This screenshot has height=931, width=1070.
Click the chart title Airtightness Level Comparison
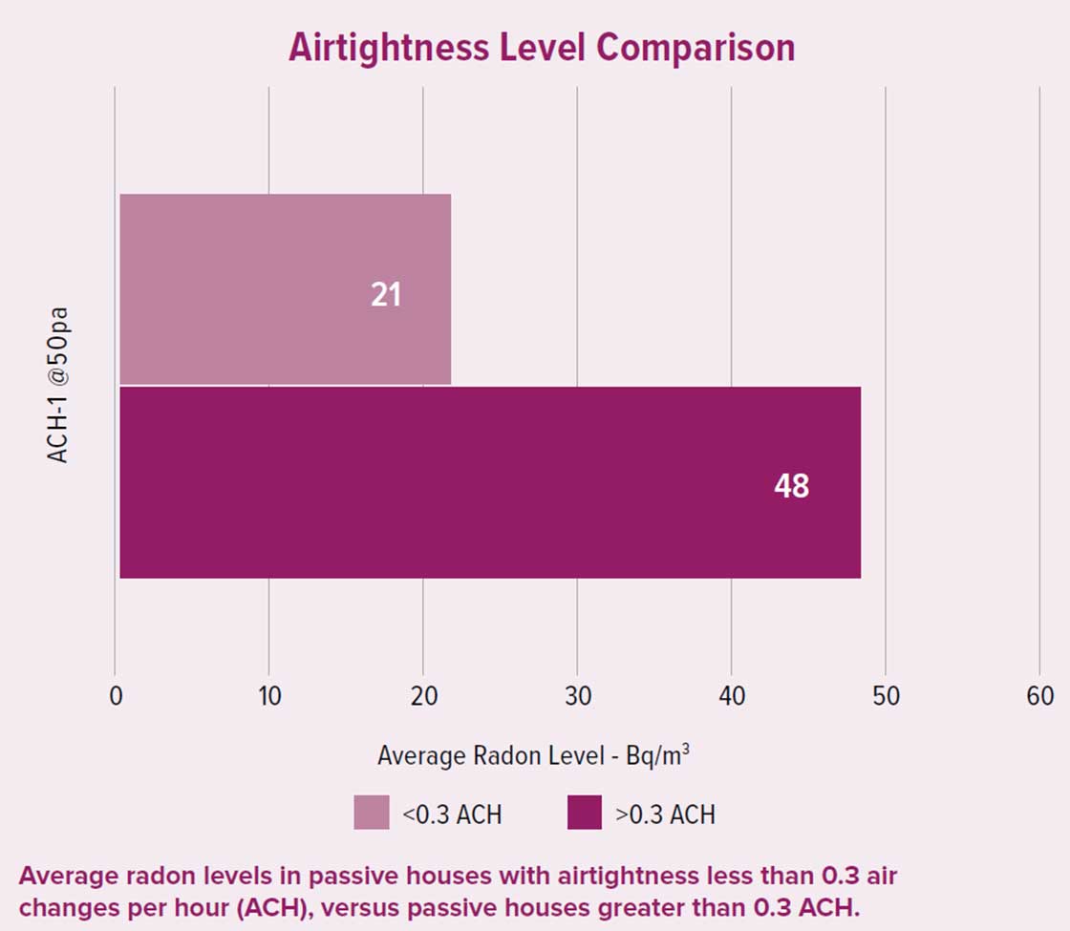click(x=542, y=47)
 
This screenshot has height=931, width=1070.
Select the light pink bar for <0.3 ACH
click(x=285, y=288)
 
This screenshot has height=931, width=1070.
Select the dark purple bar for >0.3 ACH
click(x=489, y=482)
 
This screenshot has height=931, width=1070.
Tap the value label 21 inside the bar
click(x=386, y=295)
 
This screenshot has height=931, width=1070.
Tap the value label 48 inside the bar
click(x=791, y=487)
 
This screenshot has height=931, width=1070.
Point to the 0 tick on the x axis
click(x=116, y=696)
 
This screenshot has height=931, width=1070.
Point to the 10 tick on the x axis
click(x=269, y=696)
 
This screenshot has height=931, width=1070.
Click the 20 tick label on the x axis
click(x=423, y=696)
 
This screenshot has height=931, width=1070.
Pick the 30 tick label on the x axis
click(x=577, y=696)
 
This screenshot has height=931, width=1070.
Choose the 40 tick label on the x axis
click(x=732, y=696)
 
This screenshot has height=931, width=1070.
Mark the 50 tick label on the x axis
click(x=886, y=696)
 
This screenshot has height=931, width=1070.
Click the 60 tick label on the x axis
click(x=1039, y=696)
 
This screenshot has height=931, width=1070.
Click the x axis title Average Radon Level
click(x=533, y=755)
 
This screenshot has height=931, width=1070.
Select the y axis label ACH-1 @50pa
click(x=59, y=386)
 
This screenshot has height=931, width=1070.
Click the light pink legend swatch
click(x=372, y=813)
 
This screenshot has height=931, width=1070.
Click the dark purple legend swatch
click(x=585, y=813)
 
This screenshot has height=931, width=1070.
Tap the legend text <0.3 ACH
click(x=452, y=815)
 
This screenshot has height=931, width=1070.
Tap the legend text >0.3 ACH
click(x=666, y=815)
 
